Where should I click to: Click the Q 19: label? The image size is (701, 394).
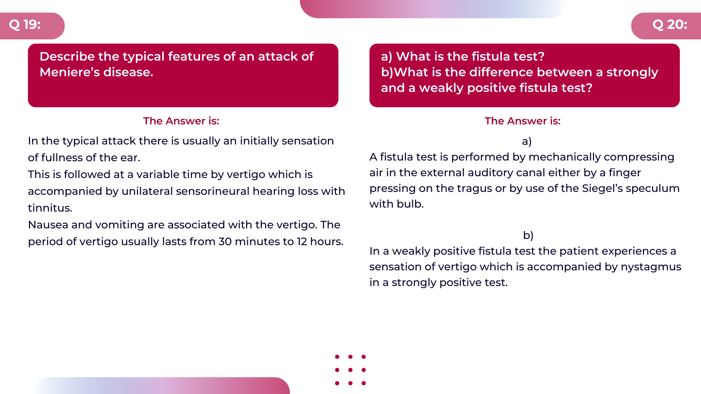25,24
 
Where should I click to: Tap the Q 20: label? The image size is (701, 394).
670,24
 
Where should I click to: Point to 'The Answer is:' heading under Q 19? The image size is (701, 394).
181,121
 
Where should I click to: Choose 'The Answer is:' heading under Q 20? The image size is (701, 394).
522,121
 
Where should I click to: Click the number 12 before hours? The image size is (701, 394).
302,242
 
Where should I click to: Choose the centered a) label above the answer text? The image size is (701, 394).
526,141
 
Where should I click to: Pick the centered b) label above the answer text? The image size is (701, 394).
528,235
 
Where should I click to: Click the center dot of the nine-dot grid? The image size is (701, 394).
350,370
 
